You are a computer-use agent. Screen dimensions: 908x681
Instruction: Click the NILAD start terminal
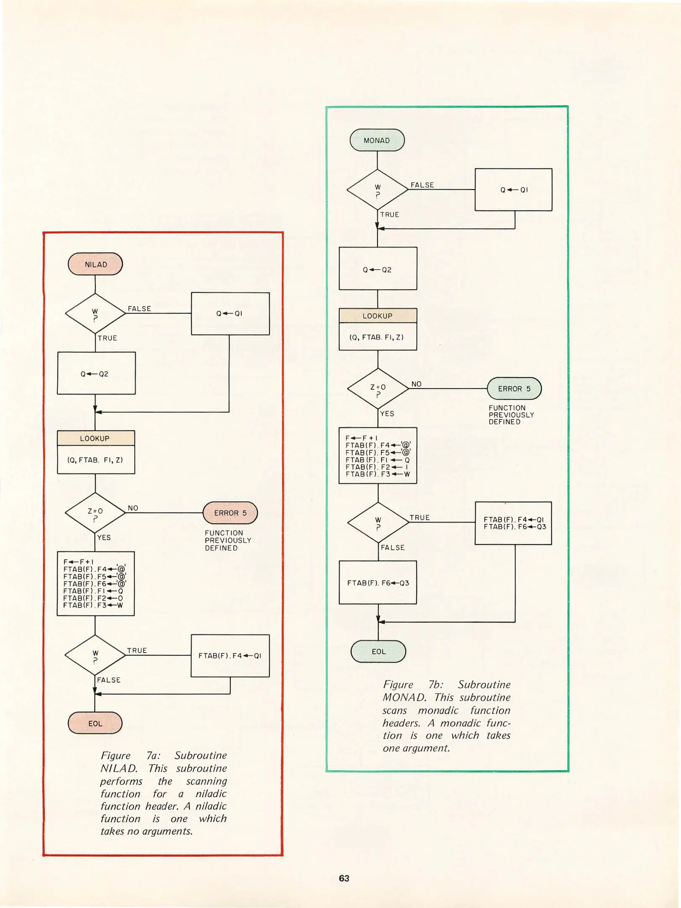pyautogui.click(x=95, y=264)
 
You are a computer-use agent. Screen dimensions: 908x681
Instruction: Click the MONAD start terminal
pyautogui.click(x=377, y=140)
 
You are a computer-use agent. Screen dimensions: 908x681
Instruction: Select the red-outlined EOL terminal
pyautogui.click(x=95, y=723)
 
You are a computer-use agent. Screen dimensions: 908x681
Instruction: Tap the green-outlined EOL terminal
pyautogui.click(x=378, y=652)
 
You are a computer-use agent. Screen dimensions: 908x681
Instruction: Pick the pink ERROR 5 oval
pyautogui.click(x=230, y=513)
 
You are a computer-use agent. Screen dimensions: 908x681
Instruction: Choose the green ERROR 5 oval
pyautogui.click(x=514, y=389)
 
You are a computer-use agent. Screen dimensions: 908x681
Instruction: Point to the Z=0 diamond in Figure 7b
pyautogui.click(x=378, y=389)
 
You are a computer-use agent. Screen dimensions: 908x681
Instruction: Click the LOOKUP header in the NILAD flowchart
pyautogui.click(x=96, y=438)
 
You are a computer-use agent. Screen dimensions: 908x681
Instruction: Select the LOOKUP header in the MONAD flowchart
pyautogui.click(x=378, y=316)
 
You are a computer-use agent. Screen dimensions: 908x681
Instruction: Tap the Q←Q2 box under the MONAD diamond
pyautogui.click(x=378, y=269)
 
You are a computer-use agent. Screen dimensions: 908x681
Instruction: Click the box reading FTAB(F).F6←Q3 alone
pyautogui.click(x=378, y=583)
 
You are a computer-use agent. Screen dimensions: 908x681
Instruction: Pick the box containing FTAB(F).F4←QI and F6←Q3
pyautogui.click(x=513, y=523)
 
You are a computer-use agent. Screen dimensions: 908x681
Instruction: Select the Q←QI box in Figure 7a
pyautogui.click(x=230, y=314)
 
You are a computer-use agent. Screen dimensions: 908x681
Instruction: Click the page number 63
pyautogui.click(x=344, y=878)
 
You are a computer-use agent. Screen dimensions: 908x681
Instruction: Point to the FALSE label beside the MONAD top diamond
pyautogui.click(x=422, y=185)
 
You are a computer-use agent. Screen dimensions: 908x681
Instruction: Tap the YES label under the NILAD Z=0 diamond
pyautogui.click(x=104, y=538)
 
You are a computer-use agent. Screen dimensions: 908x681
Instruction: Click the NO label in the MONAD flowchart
pyautogui.click(x=416, y=384)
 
